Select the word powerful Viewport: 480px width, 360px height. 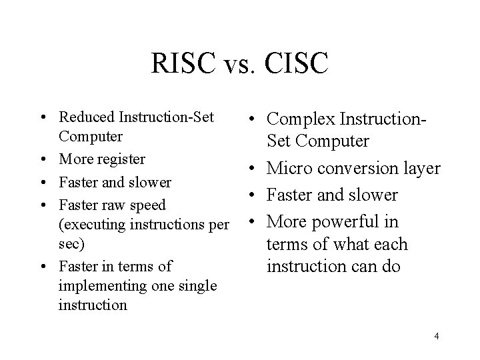[341, 221]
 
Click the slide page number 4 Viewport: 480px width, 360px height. [436, 336]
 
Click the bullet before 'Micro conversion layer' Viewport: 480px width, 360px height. [255, 169]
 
